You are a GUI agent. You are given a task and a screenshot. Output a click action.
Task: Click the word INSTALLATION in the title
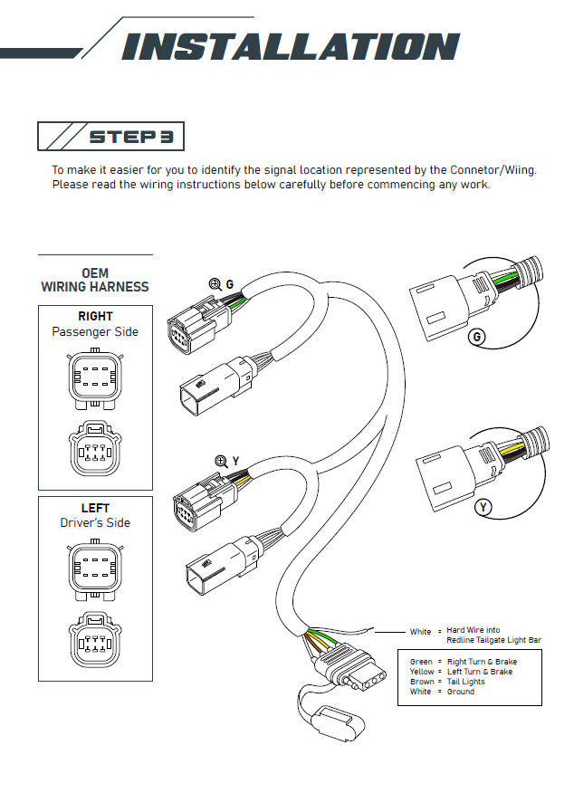coord(291,46)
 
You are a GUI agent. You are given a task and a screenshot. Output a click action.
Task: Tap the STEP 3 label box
coord(111,137)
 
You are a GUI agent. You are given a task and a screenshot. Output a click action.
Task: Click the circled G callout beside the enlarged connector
coord(476,339)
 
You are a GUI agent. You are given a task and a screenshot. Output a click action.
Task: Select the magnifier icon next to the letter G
coord(215,284)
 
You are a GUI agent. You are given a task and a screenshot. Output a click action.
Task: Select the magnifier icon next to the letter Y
coord(221,461)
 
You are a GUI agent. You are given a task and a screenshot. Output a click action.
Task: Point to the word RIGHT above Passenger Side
coord(95,316)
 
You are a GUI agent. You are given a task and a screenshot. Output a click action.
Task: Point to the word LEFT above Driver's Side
coord(95,508)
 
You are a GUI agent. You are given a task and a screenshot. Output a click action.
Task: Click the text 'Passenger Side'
coord(95,331)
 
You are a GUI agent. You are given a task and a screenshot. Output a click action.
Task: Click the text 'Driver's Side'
coord(95,522)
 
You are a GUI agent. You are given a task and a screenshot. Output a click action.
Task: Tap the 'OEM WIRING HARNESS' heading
coord(95,280)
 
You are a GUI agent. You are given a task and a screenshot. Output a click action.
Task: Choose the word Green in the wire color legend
coord(421,662)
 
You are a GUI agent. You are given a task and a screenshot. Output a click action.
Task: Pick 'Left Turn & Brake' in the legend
coord(480,672)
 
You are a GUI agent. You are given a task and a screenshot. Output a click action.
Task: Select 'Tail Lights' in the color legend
coord(466,682)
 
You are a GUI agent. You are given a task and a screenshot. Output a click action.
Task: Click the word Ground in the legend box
coord(461,692)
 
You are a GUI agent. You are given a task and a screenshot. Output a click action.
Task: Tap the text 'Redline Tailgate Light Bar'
coord(493,640)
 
